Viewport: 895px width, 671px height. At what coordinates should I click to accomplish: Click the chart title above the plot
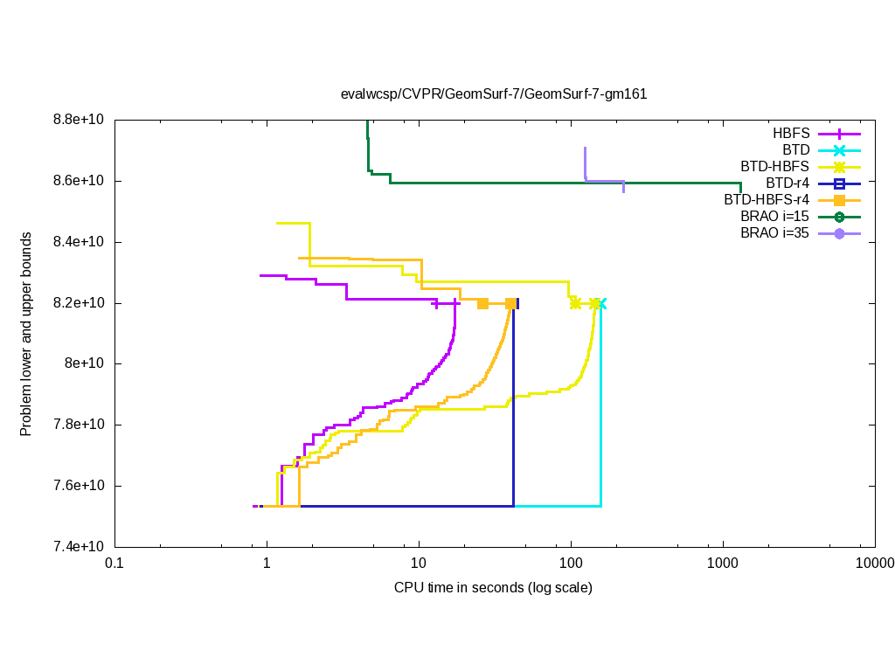pyautogui.click(x=494, y=94)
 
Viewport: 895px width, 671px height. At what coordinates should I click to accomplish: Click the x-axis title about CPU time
pyautogui.click(x=493, y=587)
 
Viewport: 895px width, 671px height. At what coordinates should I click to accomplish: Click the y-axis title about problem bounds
pyautogui.click(x=26, y=335)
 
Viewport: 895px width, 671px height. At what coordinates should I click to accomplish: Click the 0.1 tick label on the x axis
pyautogui.click(x=114, y=563)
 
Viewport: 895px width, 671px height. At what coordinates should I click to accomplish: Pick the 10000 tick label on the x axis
pyautogui.click(x=875, y=563)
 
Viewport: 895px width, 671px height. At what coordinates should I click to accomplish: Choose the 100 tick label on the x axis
pyautogui.click(x=571, y=563)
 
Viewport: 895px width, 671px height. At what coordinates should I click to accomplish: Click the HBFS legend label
pyautogui.click(x=791, y=134)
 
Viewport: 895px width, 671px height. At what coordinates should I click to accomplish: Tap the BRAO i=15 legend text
pyautogui.click(x=774, y=217)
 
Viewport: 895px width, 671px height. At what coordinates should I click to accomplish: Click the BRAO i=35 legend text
pyautogui.click(x=774, y=233)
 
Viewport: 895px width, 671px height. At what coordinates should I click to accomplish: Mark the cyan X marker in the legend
pyautogui.click(x=839, y=150)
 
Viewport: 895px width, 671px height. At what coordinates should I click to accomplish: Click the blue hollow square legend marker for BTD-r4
pyautogui.click(x=839, y=183)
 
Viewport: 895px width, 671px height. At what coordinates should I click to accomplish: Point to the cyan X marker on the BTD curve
pyautogui.click(x=600, y=303)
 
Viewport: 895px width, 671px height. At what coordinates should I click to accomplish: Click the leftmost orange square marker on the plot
pyautogui.click(x=482, y=303)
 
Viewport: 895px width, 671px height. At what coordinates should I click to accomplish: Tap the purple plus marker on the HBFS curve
pyautogui.click(x=436, y=303)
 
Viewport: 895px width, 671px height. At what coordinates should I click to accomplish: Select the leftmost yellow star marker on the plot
pyautogui.click(x=575, y=303)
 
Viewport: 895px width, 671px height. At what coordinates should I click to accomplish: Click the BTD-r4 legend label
pyautogui.click(x=787, y=183)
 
